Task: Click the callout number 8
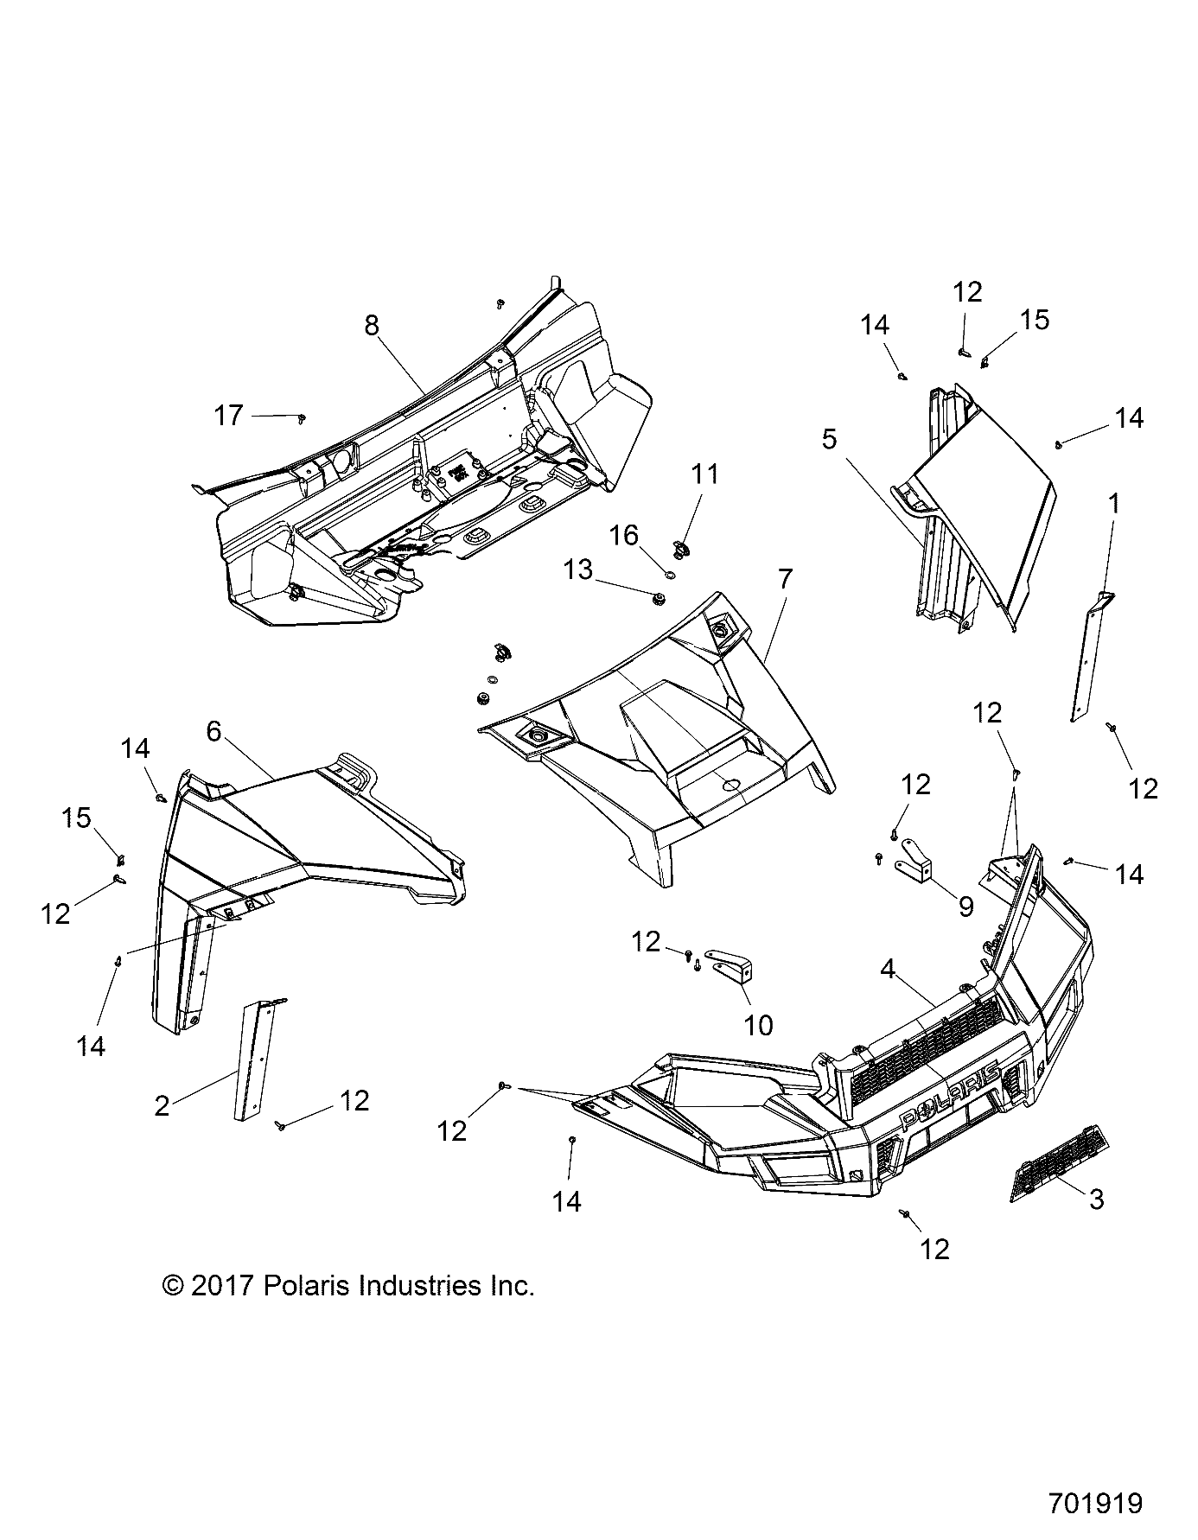[x=371, y=326]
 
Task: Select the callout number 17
[x=229, y=416]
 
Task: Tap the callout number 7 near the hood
[x=784, y=580]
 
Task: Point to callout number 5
[x=829, y=440]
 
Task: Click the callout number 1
[x=1114, y=503]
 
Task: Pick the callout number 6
[x=213, y=731]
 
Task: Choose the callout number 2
[x=162, y=1105]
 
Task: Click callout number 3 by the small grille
[x=1096, y=1199]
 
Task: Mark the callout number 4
[x=887, y=970]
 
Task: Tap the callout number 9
[x=965, y=906]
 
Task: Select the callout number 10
[x=758, y=1025]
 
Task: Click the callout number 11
[x=704, y=474]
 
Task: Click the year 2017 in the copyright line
[x=221, y=1287]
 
